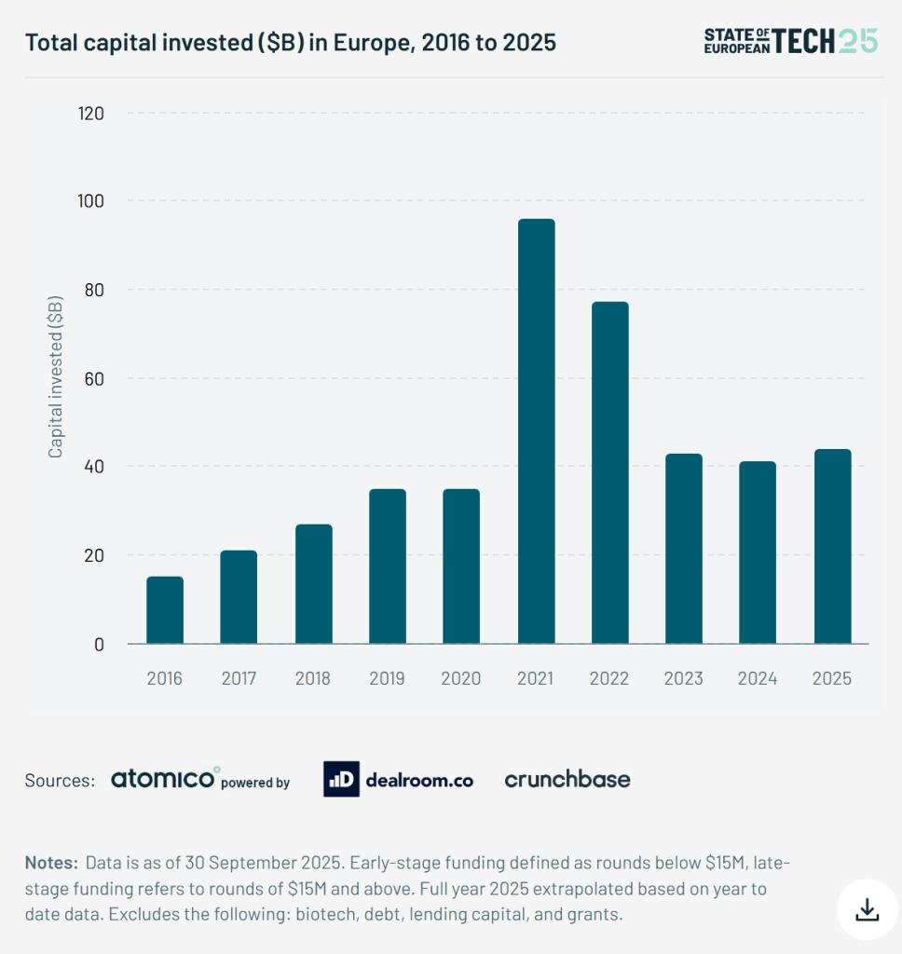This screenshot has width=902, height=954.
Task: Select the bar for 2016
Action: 165,610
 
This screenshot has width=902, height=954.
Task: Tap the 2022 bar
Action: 609,472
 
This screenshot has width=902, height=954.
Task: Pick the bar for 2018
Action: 313,584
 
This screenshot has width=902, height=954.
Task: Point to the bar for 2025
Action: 832,547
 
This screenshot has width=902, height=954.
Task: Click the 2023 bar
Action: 683,549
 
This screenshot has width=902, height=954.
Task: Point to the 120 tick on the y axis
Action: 90,114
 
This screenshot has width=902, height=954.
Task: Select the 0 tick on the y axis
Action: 98,644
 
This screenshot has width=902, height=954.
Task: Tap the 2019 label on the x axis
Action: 387,678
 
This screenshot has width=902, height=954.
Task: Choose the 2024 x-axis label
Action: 758,678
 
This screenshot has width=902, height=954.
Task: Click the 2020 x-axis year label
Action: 461,678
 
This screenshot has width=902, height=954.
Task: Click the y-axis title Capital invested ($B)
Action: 56,376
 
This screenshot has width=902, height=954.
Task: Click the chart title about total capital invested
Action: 290,42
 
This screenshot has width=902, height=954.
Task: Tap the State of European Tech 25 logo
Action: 790,40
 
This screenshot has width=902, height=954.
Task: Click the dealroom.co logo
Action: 398,780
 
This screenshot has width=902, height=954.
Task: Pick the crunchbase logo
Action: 567,779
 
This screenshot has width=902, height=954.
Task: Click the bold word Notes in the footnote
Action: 51,862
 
